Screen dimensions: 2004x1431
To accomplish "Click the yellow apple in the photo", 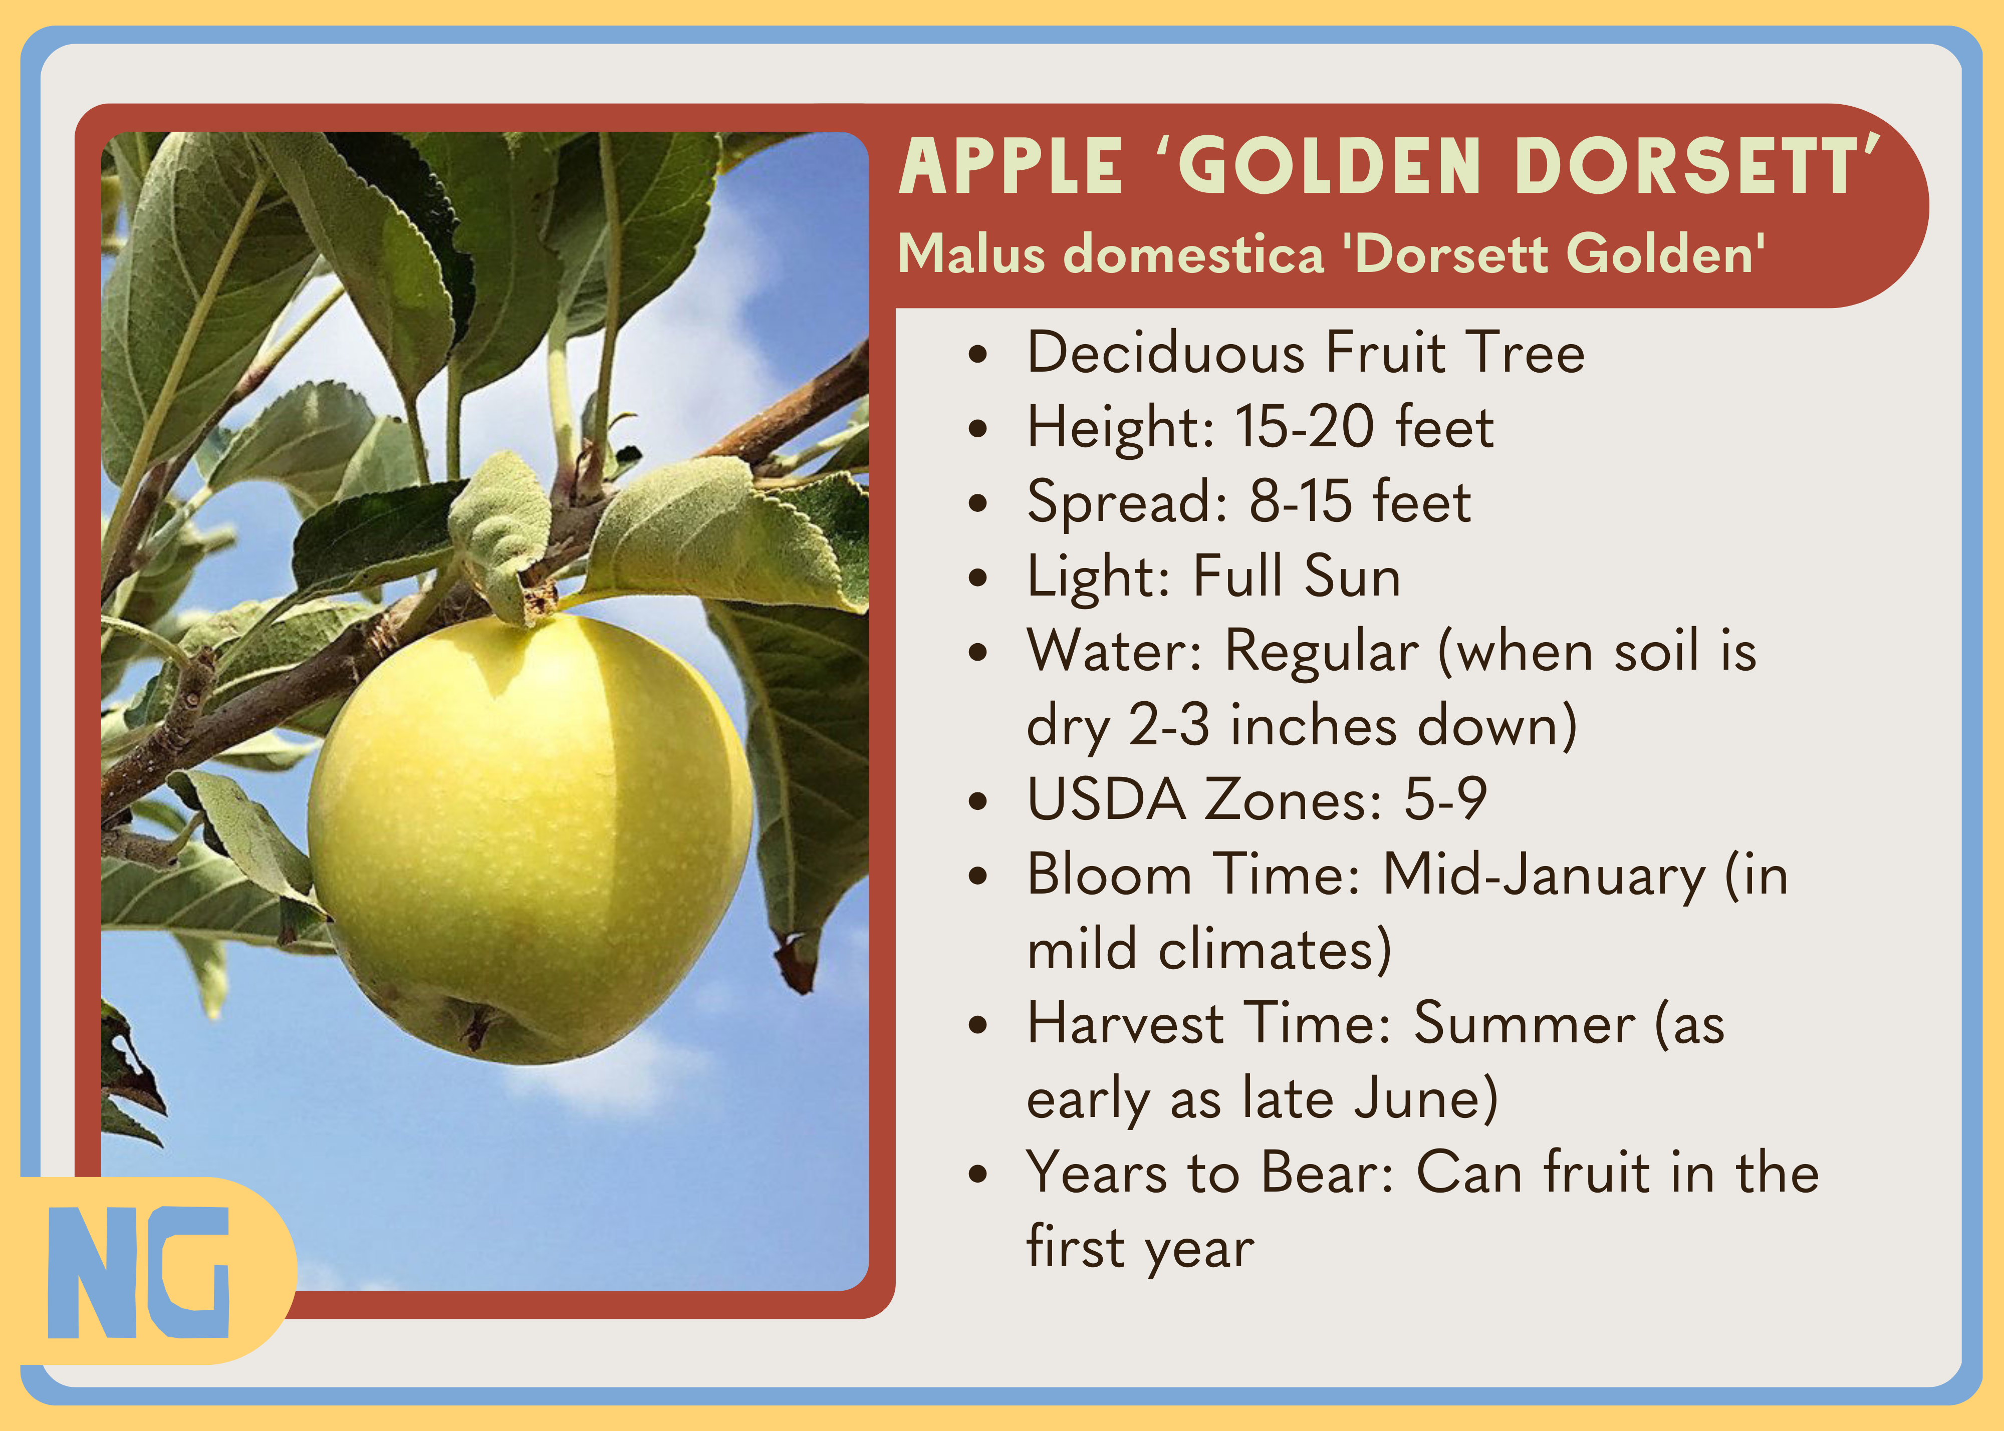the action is click(x=529, y=837).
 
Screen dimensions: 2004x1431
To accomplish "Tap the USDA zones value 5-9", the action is click(x=1445, y=800).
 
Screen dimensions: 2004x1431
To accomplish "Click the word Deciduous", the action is click(x=1165, y=353).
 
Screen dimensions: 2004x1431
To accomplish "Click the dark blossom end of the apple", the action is click(x=476, y=1027).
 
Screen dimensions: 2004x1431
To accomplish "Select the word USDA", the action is click(x=1107, y=800).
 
